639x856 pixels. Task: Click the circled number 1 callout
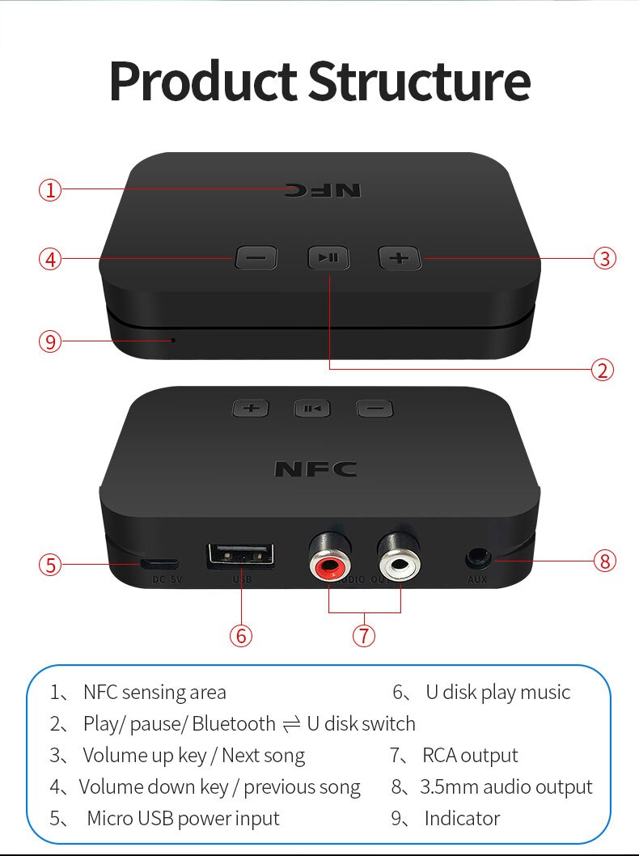click(50, 191)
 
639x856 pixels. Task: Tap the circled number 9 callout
click(50, 341)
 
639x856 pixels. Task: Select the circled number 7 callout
click(364, 635)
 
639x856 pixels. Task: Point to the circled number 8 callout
click(604, 560)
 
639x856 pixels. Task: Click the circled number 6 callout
click(240, 635)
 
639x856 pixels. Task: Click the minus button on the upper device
click(256, 258)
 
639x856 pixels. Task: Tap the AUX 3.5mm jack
click(477, 558)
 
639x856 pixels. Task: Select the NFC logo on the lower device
click(315, 469)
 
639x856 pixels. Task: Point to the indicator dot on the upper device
click(173, 340)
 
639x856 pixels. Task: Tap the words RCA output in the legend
click(470, 756)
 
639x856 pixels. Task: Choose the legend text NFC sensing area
click(154, 693)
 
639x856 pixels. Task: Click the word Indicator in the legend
click(462, 819)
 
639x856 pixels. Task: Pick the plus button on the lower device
click(251, 408)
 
